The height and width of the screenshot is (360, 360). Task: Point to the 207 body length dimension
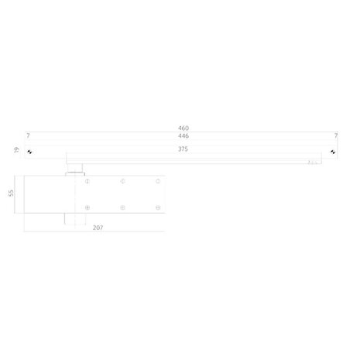(x=98, y=228)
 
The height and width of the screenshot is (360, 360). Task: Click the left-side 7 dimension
(x=28, y=135)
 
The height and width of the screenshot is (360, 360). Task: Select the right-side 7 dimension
(x=335, y=135)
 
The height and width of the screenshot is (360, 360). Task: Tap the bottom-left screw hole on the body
(x=87, y=207)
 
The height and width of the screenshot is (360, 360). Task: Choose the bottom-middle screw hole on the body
(x=122, y=207)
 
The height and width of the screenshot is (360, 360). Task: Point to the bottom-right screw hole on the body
(x=157, y=207)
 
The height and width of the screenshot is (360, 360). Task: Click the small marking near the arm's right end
(x=313, y=162)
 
